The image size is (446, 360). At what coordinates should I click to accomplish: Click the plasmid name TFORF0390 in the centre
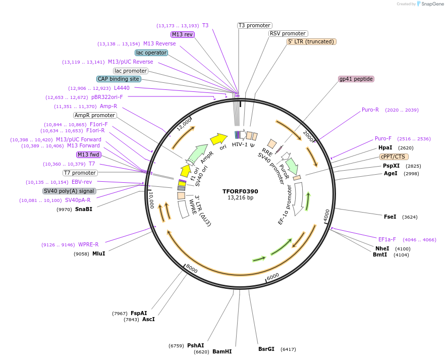240,191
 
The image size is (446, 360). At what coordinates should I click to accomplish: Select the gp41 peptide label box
356,79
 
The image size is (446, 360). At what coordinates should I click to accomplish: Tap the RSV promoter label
288,33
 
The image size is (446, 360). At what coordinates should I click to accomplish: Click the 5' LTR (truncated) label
311,41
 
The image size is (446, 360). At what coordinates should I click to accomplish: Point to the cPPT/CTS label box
394,157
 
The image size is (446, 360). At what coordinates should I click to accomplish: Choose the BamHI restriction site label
222,351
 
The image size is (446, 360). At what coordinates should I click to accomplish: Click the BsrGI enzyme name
266,349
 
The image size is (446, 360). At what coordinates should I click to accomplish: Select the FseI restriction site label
390,217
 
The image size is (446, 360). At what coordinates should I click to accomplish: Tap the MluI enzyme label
98,253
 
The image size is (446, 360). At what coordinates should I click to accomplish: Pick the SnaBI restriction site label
84,209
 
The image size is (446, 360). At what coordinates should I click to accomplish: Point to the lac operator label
151,53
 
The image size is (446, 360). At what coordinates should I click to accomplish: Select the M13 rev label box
182,34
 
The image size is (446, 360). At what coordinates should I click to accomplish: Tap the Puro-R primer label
370,110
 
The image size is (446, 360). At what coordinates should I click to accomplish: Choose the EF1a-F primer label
387,239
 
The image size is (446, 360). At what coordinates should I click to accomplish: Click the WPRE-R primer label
88,244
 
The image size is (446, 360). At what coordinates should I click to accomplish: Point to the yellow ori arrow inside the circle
218,138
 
